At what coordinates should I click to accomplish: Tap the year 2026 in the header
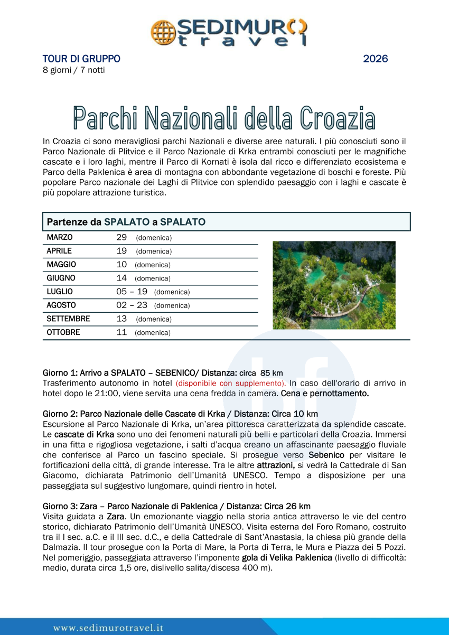375,59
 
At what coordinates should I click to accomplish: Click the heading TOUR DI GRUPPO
81,59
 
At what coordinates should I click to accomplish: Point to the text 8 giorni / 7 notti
73,70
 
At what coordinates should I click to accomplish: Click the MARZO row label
60,238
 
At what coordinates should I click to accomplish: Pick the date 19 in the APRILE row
121,251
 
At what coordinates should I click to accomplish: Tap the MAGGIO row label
61,265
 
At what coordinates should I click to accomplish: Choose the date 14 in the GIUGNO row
121,278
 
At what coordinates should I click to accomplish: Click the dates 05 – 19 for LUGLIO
132,292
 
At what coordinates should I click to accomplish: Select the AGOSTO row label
61,305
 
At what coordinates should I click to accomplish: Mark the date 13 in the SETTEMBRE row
121,319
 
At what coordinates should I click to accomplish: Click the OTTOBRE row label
63,332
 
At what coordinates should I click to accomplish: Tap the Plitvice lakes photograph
334,285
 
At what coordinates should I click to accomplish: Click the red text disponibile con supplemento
230,383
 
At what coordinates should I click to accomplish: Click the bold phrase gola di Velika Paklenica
287,558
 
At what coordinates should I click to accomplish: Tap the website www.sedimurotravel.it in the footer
108,628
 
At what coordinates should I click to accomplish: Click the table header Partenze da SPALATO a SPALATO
126,222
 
